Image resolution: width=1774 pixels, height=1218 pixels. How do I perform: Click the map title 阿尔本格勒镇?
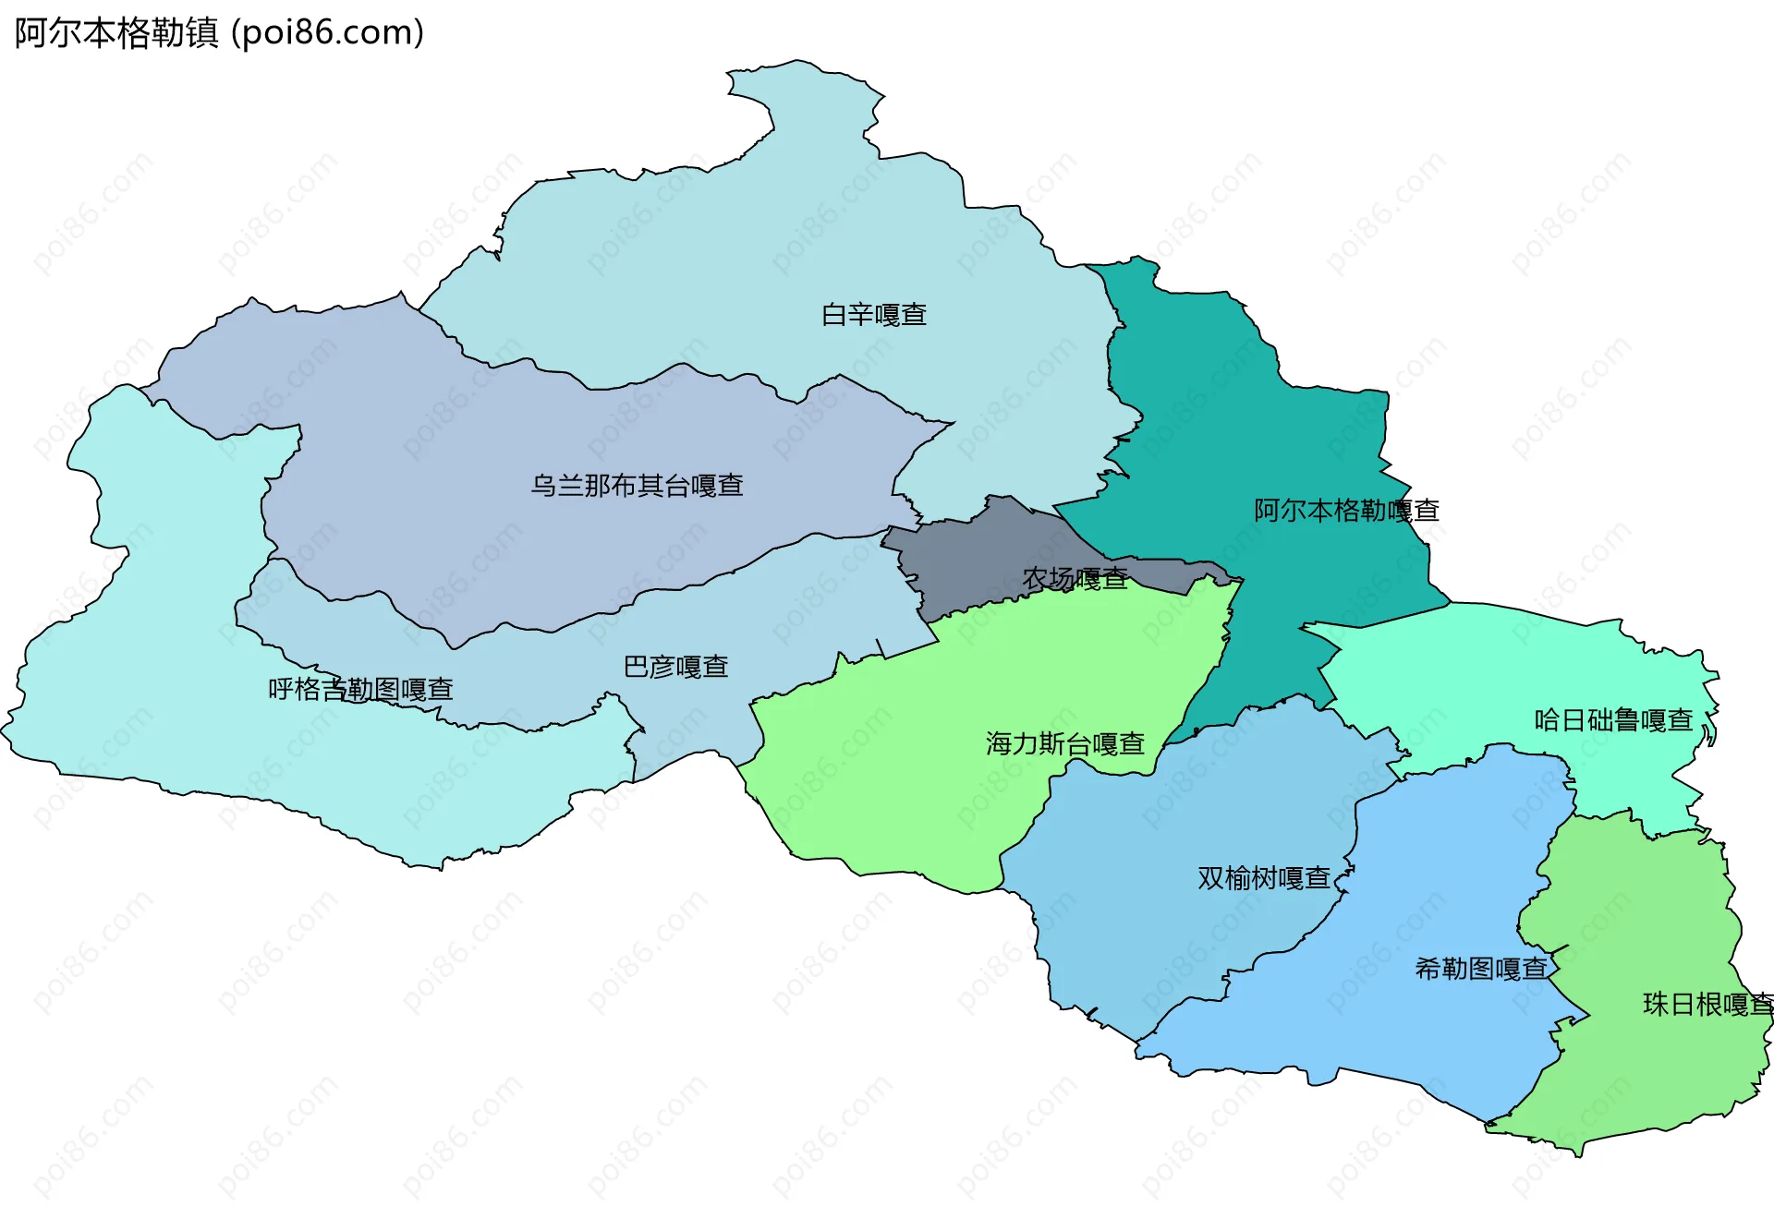(116, 33)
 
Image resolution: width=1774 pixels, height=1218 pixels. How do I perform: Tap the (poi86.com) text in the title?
(327, 33)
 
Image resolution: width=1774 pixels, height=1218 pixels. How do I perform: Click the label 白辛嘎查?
(874, 315)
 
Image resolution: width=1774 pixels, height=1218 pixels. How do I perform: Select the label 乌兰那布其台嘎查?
(637, 486)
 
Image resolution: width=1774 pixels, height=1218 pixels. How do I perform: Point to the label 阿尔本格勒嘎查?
(1346, 511)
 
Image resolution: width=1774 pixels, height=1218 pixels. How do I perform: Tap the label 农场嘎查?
(1075, 579)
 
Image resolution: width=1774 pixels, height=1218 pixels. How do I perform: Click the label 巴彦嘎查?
(675, 667)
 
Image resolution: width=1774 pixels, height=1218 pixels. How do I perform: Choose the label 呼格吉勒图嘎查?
(360, 690)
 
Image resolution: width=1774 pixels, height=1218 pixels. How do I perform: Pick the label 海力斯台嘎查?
(1064, 743)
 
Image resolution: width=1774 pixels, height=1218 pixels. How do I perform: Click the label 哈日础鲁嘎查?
(1613, 720)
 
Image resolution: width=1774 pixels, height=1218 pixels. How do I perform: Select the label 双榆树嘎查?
(1263, 878)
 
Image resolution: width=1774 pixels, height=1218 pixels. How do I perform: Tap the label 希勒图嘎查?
(1481, 969)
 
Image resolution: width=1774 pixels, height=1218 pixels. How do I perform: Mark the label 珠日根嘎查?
(1707, 1005)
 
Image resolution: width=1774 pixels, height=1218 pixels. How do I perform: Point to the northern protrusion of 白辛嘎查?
(804, 102)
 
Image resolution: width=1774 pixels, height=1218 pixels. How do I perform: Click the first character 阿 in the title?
(30, 33)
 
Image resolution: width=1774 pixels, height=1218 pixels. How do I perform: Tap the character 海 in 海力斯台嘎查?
(999, 743)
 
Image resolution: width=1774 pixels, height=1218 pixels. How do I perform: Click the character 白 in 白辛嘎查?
(834, 315)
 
